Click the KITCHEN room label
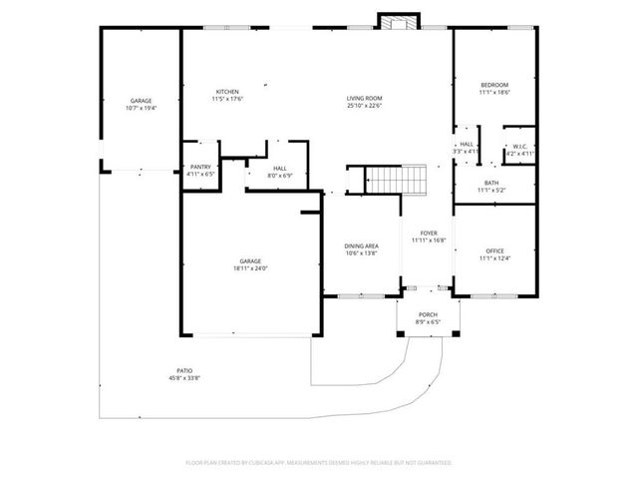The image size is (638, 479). click(x=227, y=92)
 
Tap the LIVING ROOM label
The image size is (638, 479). click(x=364, y=98)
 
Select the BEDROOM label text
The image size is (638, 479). click(x=494, y=85)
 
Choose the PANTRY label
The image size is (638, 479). click(x=199, y=168)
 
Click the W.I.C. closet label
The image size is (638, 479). click(x=520, y=148)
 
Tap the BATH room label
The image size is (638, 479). click(x=491, y=183)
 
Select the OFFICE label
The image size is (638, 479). click(x=495, y=250)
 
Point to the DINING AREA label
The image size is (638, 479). click(x=361, y=245)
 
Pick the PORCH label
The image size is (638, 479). click(x=427, y=314)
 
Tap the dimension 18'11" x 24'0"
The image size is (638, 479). click(x=249, y=268)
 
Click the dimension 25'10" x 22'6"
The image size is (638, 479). click(x=364, y=105)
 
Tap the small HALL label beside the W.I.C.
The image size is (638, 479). click(x=466, y=145)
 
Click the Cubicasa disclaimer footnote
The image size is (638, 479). click(x=319, y=462)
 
